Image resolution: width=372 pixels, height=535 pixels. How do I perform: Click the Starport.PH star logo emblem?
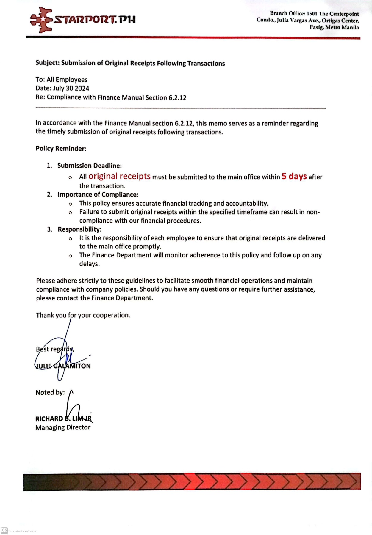click(42, 20)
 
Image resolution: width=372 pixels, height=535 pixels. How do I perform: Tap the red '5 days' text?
click(294, 176)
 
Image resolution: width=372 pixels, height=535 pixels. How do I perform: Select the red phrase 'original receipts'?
click(119, 176)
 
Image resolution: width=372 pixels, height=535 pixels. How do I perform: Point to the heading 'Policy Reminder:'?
click(61, 149)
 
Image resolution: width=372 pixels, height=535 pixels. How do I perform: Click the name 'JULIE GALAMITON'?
click(63, 366)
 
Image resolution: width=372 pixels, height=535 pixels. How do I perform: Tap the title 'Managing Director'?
click(63, 427)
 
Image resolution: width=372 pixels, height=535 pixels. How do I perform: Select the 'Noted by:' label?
click(50, 393)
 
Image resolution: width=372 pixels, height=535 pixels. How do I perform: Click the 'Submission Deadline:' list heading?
click(89, 166)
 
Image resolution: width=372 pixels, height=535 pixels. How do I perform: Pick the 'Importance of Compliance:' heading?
click(98, 195)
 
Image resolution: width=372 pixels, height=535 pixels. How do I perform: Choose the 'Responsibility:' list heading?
click(79, 229)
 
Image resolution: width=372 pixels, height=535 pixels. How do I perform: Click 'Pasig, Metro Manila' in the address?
click(334, 27)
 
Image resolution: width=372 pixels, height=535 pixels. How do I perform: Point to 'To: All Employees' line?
click(62, 80)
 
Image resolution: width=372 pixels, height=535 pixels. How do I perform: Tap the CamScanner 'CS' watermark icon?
click(4, 530)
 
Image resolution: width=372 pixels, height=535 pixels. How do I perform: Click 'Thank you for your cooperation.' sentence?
click(83, 315)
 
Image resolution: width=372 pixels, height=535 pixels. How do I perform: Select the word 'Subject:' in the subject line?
click(48, 63)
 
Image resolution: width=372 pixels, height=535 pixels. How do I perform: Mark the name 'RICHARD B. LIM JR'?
click(63, 419)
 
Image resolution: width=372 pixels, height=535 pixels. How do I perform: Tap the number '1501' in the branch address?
click(312, 14)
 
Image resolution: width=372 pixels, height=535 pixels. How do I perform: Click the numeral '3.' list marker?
click(50, 229)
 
